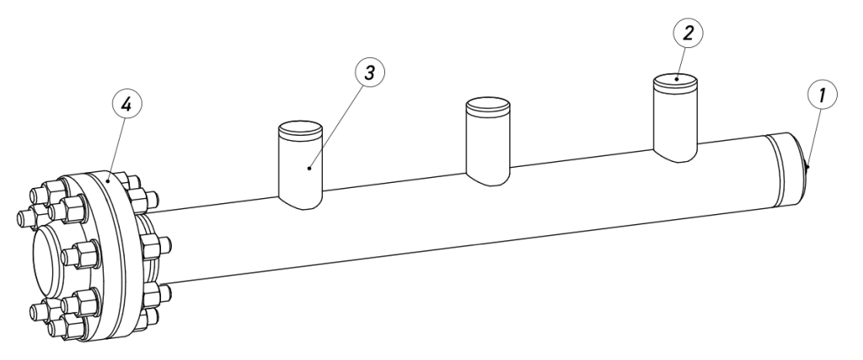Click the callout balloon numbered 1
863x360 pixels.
tap(823, 95)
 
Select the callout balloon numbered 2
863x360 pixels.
tap(688, 33)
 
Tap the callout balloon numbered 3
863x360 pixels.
tap(370, 73)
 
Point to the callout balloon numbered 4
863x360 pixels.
tap(126, 104)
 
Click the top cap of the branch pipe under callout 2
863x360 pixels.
tap(675, 81)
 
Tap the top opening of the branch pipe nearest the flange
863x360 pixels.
tap(301, 128)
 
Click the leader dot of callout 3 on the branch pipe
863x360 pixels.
tap(309, 168)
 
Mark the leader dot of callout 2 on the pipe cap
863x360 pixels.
tap(677, 79)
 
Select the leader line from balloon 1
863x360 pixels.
tap(814, 138)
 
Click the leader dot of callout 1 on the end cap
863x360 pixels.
tap(807, 166)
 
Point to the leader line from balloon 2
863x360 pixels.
tap(681, 64)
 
